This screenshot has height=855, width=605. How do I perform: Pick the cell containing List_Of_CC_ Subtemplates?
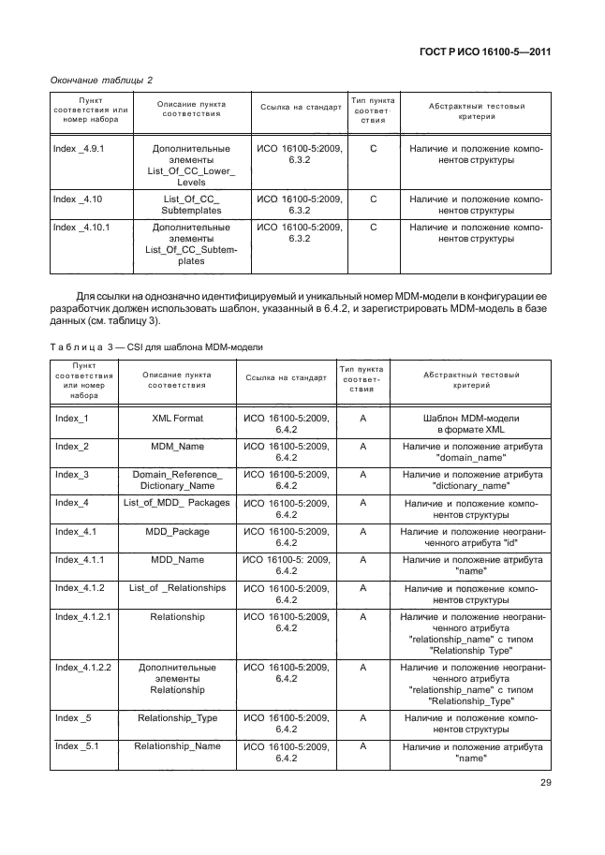190,205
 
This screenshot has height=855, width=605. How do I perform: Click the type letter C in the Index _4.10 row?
373,199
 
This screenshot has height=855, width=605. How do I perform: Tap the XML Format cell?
178,419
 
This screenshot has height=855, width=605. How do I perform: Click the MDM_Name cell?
178,447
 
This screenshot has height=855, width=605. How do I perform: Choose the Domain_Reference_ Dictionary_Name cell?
178,480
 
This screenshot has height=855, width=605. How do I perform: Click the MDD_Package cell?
178,532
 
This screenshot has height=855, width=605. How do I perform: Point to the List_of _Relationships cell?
178,588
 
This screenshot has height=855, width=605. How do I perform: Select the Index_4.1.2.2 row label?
84,668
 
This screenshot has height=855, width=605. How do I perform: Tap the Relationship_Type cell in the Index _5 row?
178,718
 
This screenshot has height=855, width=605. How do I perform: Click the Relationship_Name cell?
178,746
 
